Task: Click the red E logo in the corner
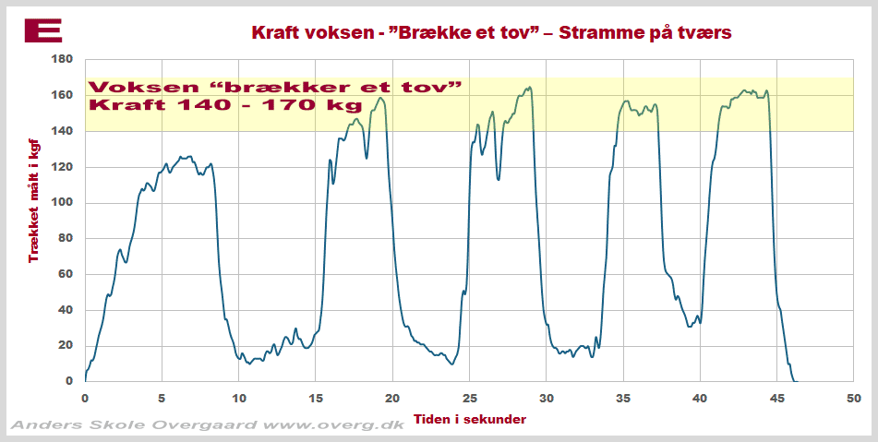click(42, 30)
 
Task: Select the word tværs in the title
click(705, 33)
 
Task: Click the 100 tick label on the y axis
click(61, 202)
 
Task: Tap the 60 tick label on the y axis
click(65, 274)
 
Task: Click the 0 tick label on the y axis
click(68, 381)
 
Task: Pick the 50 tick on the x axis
click(854, 399)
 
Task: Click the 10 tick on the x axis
click(238, 399)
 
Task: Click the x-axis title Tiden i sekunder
click(469, 419)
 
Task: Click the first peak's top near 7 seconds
click(189, 157)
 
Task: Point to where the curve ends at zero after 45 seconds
click(796, 380)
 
